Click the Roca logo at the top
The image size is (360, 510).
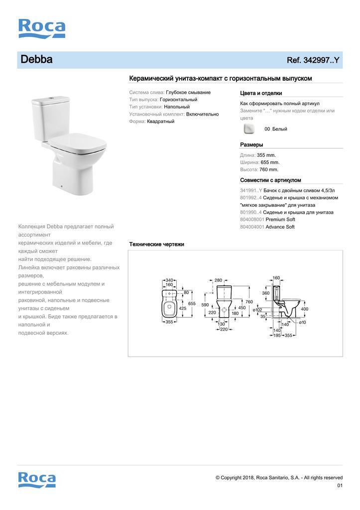42,28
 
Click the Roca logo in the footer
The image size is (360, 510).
37,479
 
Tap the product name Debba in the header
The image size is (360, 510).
36,60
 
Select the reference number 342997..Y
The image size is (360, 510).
313,60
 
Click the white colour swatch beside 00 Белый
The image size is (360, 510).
248,129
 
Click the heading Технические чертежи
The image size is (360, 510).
156,244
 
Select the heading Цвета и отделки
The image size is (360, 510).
261,93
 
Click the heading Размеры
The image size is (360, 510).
251,144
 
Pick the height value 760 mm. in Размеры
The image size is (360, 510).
269,169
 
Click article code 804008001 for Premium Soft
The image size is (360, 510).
252,220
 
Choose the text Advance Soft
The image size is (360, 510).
280,227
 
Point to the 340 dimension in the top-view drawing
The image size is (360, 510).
169,280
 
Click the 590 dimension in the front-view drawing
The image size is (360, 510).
205,304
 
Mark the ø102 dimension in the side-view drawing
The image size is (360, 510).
257,310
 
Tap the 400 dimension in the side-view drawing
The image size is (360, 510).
305,309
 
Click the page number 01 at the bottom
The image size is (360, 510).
340,486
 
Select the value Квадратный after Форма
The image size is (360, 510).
160,122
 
